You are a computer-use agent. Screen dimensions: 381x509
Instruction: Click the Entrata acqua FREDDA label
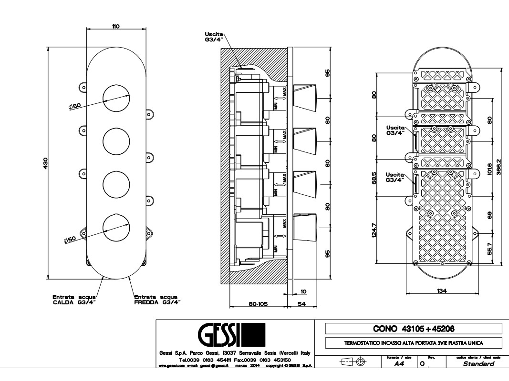(157, 299)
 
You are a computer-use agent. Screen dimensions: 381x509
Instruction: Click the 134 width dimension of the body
(442, 291)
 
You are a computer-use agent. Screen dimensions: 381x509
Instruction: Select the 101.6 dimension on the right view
(490, 170)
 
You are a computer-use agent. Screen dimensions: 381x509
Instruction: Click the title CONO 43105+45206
(414, 329)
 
